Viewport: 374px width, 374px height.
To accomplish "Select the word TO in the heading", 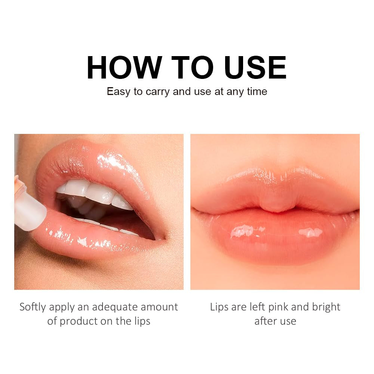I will coord(187,68).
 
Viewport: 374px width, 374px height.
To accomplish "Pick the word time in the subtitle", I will coord(257,92).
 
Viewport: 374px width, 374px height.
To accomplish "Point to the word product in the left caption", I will coord(79,321).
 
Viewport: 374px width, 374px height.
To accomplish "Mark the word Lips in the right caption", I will coord(219,307).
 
